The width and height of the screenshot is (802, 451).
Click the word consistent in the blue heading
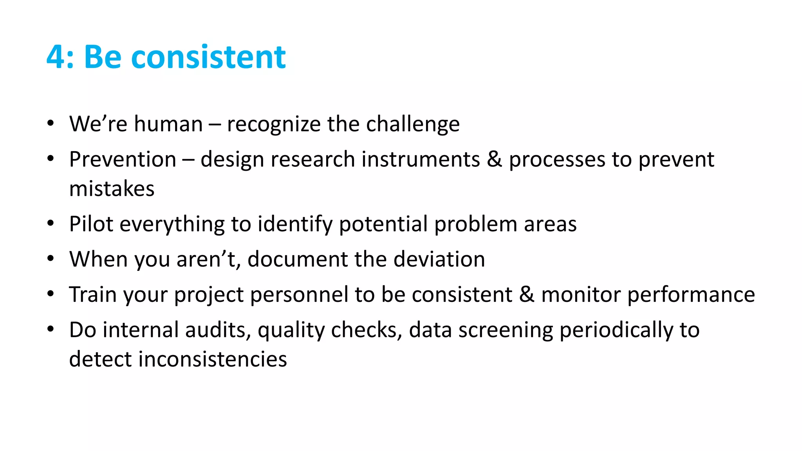click(208, 57)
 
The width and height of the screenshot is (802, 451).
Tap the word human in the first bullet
click(168, 124)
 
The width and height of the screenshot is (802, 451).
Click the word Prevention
click(123, 160)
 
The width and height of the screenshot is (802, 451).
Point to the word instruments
click(421, 160)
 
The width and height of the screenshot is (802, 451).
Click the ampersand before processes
click(495, 159)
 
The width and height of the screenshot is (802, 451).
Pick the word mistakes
click(112, 189)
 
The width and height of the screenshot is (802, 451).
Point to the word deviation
click(439, 259)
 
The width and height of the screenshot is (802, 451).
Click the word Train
click(92, 294)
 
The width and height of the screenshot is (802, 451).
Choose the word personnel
click(299, 295)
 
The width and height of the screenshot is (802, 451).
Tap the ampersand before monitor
click(527, 294)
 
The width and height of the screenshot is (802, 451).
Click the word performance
click(691, 295)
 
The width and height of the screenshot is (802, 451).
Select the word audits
click(218, 330)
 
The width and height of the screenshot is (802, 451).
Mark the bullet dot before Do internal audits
click(50, 329)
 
